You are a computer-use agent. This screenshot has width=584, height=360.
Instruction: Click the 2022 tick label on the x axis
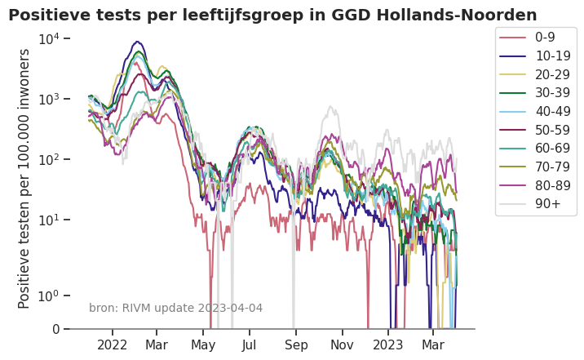tap(113, 345)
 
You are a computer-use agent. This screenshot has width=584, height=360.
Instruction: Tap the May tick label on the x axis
tap(203, 345)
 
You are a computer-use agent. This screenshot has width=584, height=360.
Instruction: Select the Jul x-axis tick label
tap(250, 345)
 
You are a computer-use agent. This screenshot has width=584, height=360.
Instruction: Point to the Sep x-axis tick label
tap(297, 345)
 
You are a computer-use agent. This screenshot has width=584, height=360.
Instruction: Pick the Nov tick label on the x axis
tap(343, 345)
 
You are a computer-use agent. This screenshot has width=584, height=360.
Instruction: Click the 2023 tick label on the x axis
tap(388, 345)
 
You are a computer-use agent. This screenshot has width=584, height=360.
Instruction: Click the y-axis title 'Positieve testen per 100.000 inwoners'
tap(24, 178)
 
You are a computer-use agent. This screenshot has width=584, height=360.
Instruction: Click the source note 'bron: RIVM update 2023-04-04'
tap(175, 308)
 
